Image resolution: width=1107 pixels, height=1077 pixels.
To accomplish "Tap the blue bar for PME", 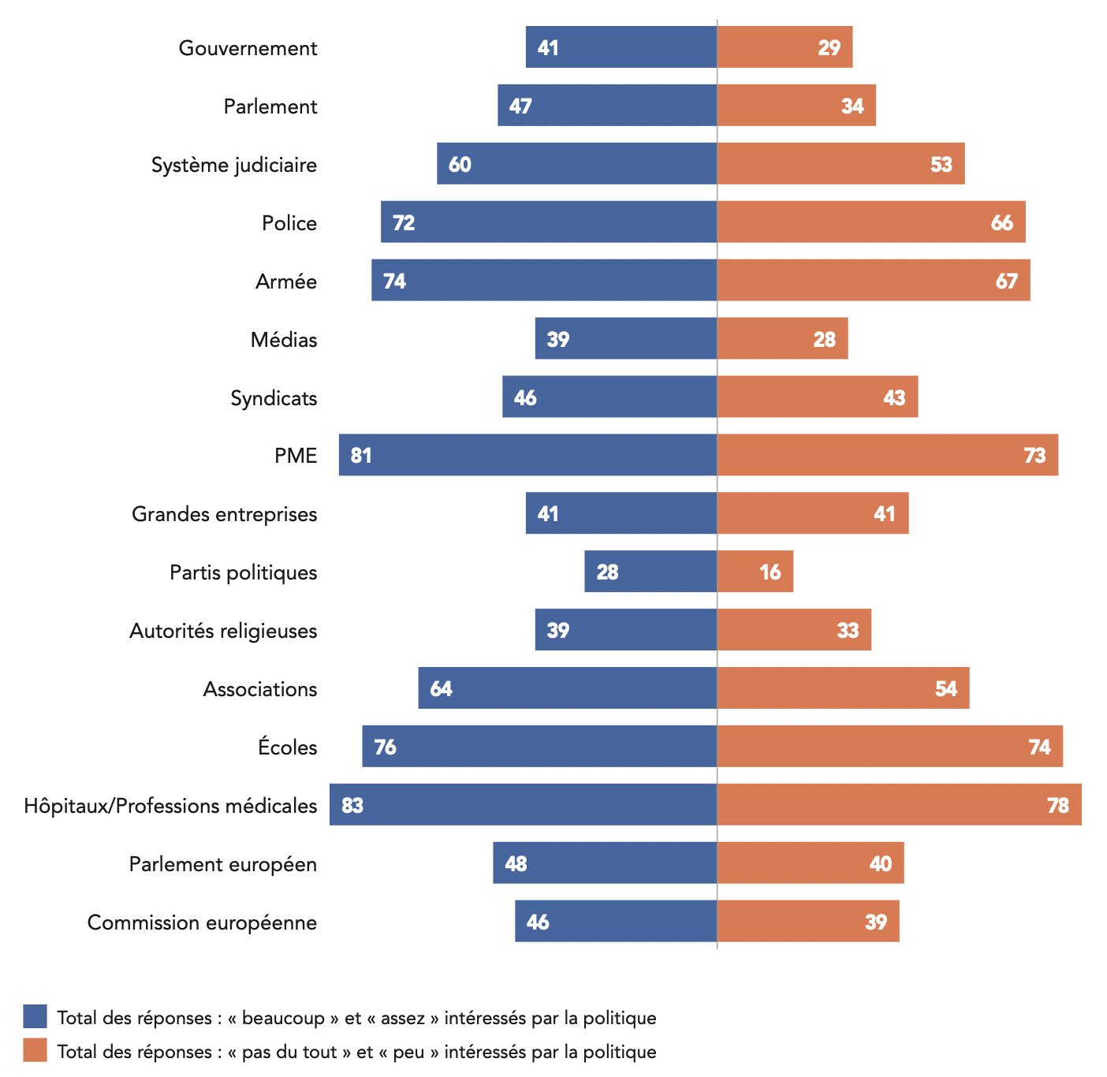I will tap(528, 455).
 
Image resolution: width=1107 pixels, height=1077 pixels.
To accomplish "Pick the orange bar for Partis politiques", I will tap(755, 572).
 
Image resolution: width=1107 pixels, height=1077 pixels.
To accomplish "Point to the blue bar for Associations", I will tap(568, 688).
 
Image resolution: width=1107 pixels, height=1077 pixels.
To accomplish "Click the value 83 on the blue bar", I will tap(352, 805).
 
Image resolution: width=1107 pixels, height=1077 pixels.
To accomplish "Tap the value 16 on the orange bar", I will tap(770, 572).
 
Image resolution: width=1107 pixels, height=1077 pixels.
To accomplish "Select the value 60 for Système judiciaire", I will tap(460, 164).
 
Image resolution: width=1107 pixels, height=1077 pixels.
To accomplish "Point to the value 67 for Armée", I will tap(1007, 281).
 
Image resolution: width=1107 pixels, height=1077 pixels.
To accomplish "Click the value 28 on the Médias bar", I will tap(824, 339).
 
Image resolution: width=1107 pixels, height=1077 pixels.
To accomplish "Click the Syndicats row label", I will tap(274, 398).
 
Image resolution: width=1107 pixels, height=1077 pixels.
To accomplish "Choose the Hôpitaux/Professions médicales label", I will tap(170, 806).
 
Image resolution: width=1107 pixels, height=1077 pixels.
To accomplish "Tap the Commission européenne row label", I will tap(202, 922).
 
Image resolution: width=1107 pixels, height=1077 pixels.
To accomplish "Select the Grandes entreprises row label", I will tap(224, 514).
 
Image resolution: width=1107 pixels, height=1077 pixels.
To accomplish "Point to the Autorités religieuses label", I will tap(223, 631).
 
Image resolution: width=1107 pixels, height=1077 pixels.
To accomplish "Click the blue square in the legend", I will tap(35, 1016).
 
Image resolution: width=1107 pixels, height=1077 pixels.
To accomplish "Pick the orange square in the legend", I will tap(35, 1050).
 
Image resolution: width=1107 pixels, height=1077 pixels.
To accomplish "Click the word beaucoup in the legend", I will tap(283, 1018).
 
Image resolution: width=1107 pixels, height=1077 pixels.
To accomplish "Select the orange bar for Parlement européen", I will tap(811, 863).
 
